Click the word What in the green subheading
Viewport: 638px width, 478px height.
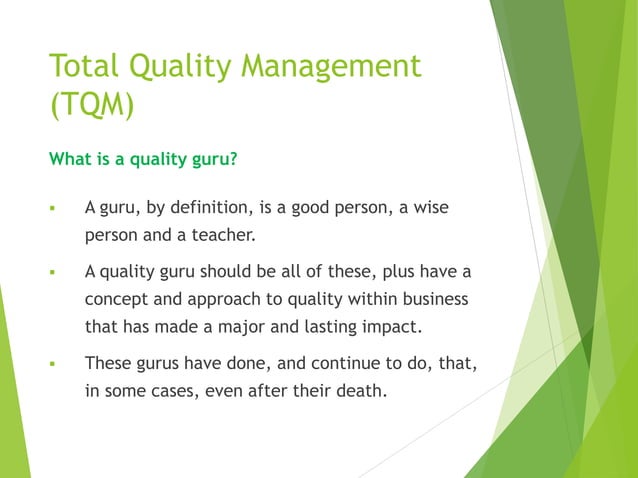click(70, 157)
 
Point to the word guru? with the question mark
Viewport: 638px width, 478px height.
click(210, 157)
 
